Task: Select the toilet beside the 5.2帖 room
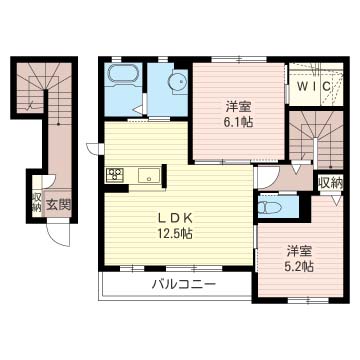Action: [x=269, y=208]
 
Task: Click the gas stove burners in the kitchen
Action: [x=114, y=175]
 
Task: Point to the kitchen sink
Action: [x=150, y=177]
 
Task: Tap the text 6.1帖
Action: [x=238, y=121]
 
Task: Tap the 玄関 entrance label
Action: [x=59, y=205]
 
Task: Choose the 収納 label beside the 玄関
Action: [x=36, y=205]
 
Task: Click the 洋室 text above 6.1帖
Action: [x=237, y=105]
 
